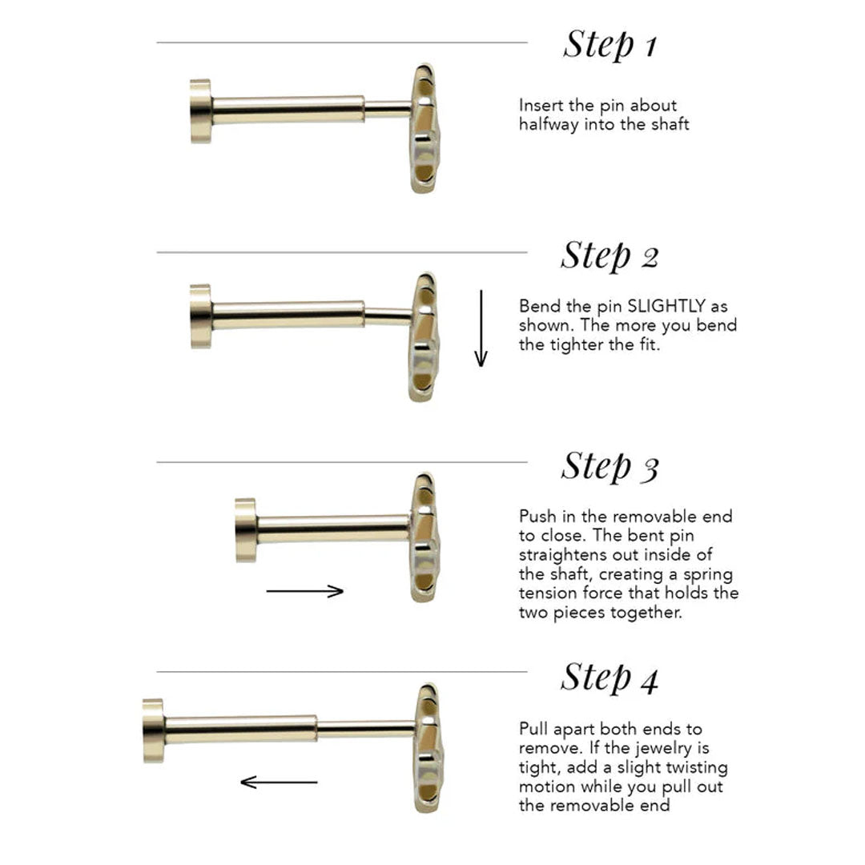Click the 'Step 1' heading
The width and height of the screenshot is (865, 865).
[x=610, y=44]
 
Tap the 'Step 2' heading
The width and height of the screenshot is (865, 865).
[x=610, y=255]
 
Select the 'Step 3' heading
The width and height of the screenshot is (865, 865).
[x=610, y=466]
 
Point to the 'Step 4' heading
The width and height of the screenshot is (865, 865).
[x=610, y=677]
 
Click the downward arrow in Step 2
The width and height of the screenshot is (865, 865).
[x=481, y=328]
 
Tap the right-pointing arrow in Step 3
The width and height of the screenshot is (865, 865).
[x=305, y=591]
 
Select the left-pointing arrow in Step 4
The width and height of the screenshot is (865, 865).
[x=279, y=782]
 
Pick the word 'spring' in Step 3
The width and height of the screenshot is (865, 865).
[x=708, y=575]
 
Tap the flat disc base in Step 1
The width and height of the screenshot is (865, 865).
[x=201, y=111]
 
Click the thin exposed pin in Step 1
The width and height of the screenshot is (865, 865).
[x=388, y=109]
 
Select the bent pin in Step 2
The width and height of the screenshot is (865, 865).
[x=388, y=316]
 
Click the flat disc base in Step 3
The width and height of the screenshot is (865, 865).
[x=246, y=530]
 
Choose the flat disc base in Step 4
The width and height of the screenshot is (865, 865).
[x=153, y=730]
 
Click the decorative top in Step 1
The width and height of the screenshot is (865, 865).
[x=424, y=128]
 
